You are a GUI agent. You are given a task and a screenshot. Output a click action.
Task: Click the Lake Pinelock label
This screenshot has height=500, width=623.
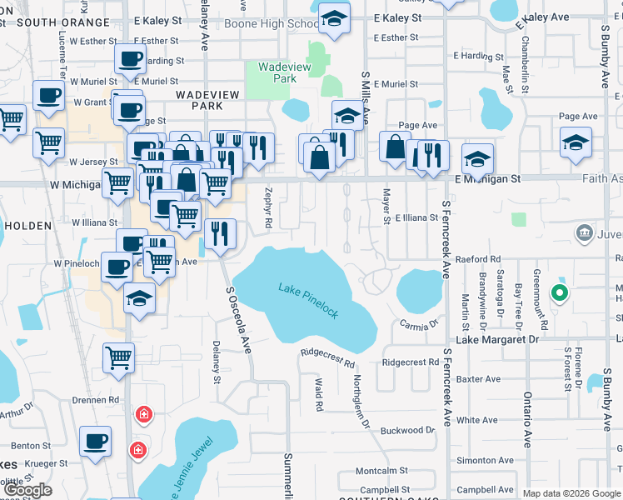[308, 301]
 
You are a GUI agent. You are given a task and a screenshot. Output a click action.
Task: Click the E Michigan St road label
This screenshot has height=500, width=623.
[487, 179]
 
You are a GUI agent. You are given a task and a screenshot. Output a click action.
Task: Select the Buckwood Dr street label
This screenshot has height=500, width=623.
[407, 431]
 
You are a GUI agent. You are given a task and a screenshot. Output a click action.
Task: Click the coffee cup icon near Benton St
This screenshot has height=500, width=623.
[96, 441]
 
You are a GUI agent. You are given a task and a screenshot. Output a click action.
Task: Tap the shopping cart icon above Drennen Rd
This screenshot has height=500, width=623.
[119, 357]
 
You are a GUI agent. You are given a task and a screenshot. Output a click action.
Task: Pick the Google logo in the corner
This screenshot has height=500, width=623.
[28, 490]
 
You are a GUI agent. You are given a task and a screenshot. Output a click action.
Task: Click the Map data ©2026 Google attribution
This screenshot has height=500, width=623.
[571, 493]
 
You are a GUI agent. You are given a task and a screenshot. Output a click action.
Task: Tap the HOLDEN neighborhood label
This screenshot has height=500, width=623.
[29, 224]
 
